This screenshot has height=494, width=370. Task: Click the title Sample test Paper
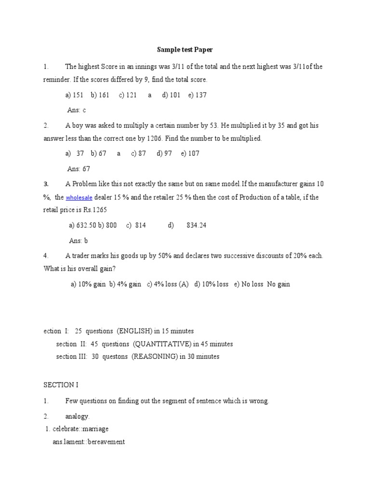(x=185, y=49)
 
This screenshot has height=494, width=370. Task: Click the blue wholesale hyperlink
(x=79, y=198)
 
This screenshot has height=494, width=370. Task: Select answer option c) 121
(x=128, y=95)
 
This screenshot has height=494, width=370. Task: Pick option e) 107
(x=190, y=153)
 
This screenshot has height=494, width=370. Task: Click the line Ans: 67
(x=79, y=169)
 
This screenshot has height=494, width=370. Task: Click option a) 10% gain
(x=88, y=284)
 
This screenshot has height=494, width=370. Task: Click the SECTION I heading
(x=61, y=385)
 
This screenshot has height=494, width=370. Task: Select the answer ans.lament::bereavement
(x=89, y=441)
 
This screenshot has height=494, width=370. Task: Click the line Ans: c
(x=77, y=110)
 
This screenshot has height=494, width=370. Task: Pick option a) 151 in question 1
(x=75, y=95)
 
